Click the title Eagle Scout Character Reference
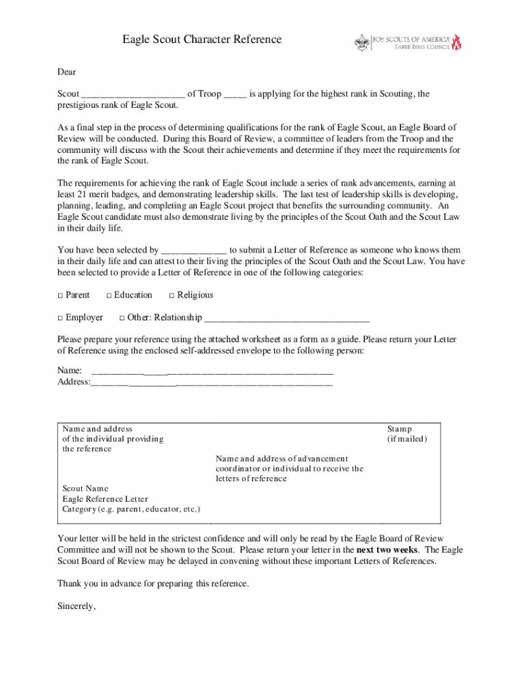[x=202, y=40]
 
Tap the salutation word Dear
[x=66, y=72]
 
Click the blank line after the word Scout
[x=133, y=95]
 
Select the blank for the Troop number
[x=235, y=95]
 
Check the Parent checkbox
[x=60, y=296]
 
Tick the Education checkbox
[x=109, y=296]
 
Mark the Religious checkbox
[x=171, y=296]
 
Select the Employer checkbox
[x=60, y=318]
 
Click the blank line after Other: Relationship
[x=287, y=319]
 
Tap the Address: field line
[x=212, y=384]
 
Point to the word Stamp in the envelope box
[x=400, y=429]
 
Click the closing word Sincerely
[x=77, y=606]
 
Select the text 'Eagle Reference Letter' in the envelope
[x=105, y=499]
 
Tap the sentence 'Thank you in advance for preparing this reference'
[x=154, y=584]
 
